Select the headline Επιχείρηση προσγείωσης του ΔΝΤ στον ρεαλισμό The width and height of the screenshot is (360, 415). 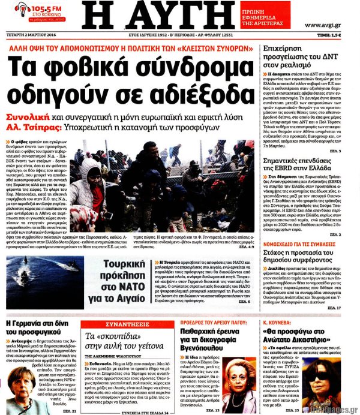point(302,61)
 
